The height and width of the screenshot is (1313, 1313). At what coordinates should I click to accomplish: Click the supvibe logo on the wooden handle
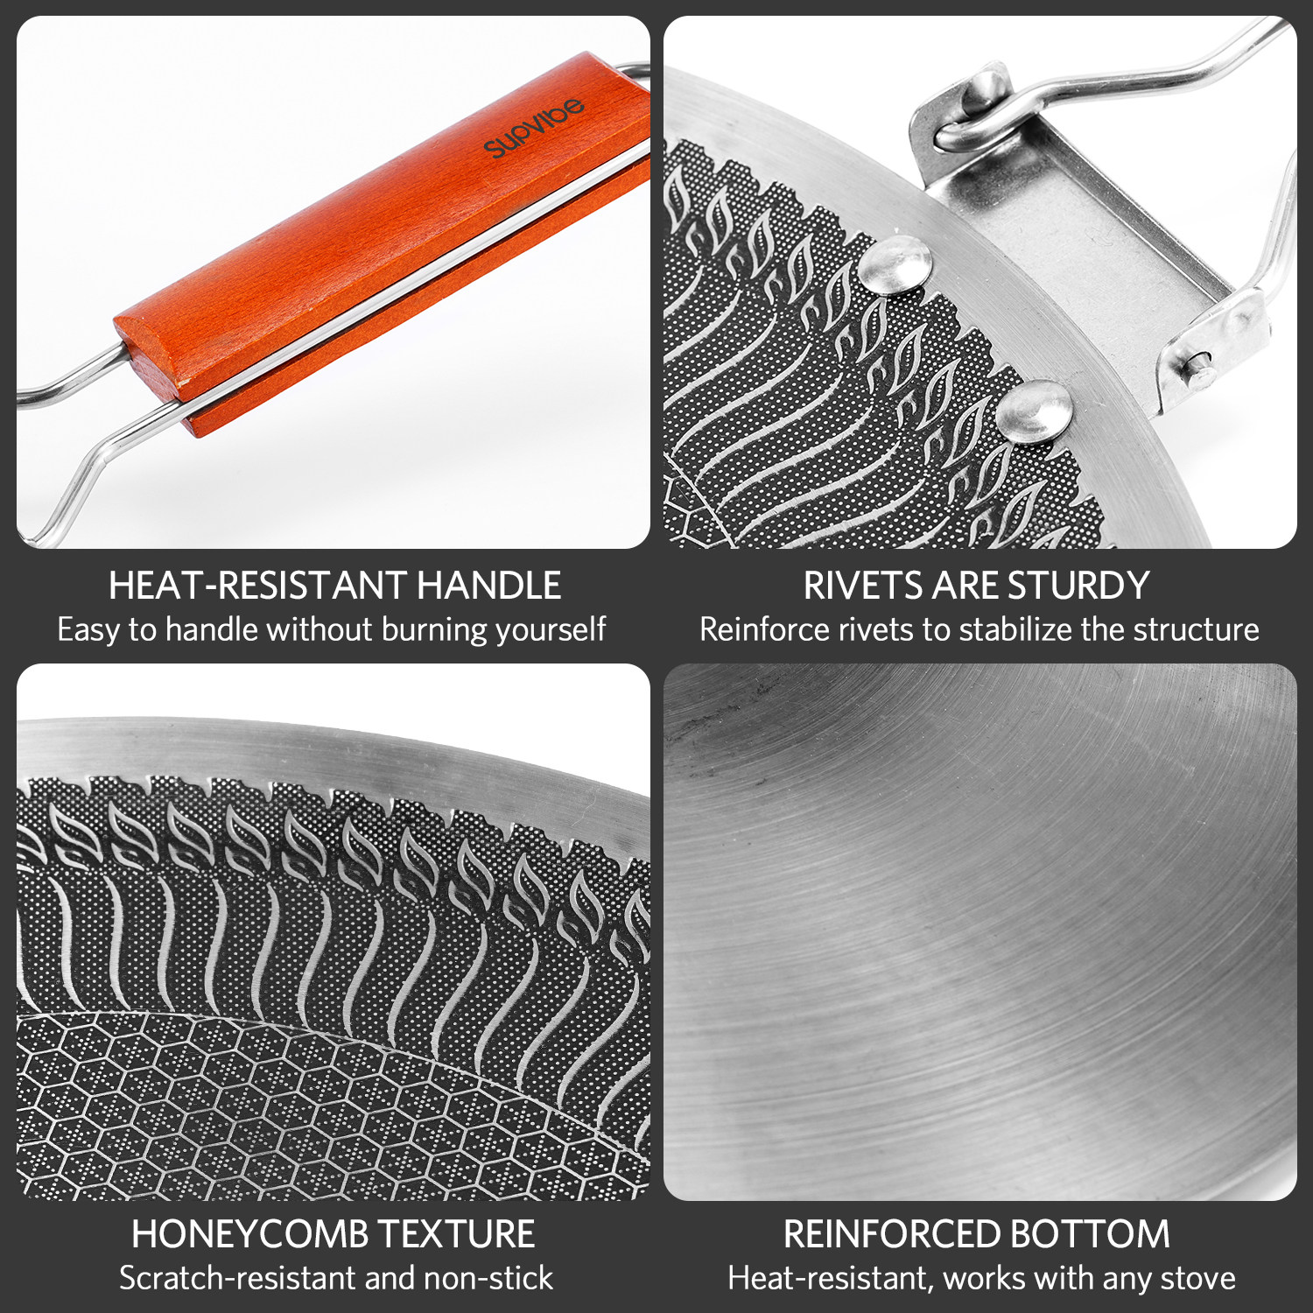click(x=533, y=129)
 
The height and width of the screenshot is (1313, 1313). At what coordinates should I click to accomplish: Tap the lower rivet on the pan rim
click(x=1033, y=410)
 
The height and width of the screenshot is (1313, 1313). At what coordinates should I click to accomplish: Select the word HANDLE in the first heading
click(x=488, y=586)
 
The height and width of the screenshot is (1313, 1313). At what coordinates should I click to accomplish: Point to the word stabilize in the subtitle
click(x=1017, y=629)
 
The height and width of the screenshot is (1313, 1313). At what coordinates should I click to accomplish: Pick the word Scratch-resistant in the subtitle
click(x=237, y=1278)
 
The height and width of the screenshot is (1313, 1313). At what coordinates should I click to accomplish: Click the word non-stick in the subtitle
click(x=488, y=1278)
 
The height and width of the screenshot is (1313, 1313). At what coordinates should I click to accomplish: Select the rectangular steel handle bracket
click(x=1085, y=228)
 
